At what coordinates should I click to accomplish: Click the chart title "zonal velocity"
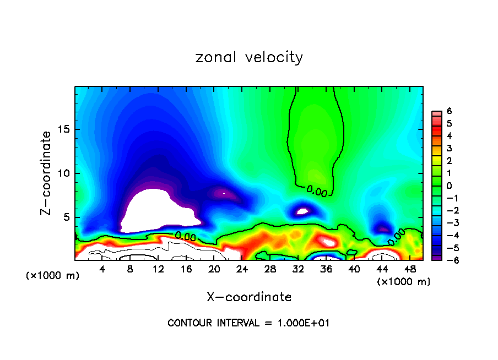pos(249,57)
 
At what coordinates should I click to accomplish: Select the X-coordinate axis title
pos(249,297)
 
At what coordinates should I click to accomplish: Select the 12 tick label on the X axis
pos(158,269)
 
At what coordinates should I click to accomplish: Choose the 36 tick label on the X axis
pos(326,269)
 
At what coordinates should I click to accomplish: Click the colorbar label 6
pos(449,111)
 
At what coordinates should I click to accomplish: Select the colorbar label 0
pos(449,186)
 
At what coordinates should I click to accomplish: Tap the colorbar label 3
pos(449,148)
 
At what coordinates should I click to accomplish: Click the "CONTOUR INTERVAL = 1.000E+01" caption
pos(248,323)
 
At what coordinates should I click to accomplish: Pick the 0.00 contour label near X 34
pos(317,190)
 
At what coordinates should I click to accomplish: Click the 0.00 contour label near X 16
pos(186,236)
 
